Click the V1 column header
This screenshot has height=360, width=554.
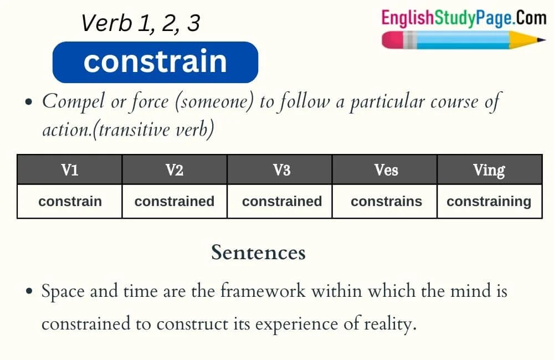(x=70, y=169)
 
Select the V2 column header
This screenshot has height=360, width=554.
(x=175, y=169)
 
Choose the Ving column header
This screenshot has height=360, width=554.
(x=490, y=169)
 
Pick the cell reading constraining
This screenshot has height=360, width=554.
(x=490, y=202)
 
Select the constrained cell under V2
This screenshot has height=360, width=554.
(x=175, y=202)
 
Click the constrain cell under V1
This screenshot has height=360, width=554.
(x=70, y=202)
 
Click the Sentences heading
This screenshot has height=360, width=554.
(x=258, y=253)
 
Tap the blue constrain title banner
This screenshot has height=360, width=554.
(x=156, y=62)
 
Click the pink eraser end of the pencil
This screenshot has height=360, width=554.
(x=393, y=40)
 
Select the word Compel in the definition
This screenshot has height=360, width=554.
(x=74, y=102)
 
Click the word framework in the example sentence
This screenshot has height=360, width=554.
(x=263, y=291)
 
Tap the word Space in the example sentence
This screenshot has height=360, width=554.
(x=63, y=292)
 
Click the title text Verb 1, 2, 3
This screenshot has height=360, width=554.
(x=141, y=23)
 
